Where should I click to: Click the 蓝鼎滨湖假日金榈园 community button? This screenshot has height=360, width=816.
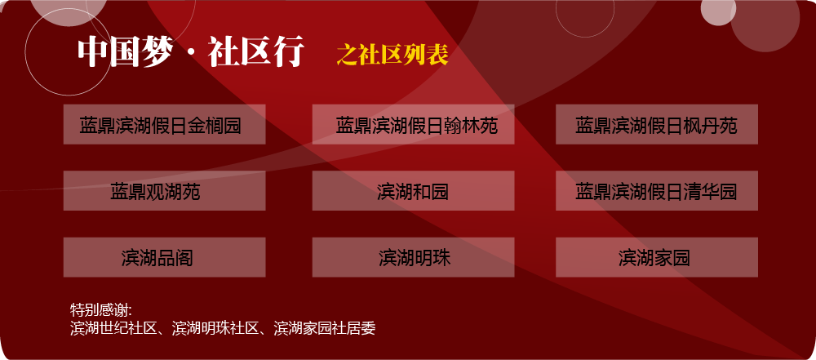tap(165, 124)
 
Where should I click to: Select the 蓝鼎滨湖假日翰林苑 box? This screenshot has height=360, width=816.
tap(413, 124)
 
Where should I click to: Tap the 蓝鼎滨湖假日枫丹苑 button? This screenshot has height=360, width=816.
tap(657, 124)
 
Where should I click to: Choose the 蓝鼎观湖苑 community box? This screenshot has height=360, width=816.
tap(165, 191)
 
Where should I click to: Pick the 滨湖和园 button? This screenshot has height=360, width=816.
tap(413, 191)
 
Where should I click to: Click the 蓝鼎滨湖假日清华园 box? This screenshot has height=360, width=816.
tap(657, 191)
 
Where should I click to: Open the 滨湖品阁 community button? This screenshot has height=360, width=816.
tap(165, 257)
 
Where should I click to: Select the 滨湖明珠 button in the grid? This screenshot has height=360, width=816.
tap(413, 257)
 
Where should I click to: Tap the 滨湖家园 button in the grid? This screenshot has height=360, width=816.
tap(657, 257)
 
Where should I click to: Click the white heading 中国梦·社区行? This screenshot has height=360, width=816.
tap(190, 52)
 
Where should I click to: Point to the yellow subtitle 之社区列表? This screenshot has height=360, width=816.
tap(392, 54)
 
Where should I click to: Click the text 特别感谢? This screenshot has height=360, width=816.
tap(101, 310)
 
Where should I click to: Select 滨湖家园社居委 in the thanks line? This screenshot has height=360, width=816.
tap(325, 328)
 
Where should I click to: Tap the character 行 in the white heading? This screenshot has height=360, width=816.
tap(289, 52)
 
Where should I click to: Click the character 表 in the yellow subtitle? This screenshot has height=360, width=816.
tap(437, 54)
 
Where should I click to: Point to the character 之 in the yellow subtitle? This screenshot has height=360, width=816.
tap(347, 54)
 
